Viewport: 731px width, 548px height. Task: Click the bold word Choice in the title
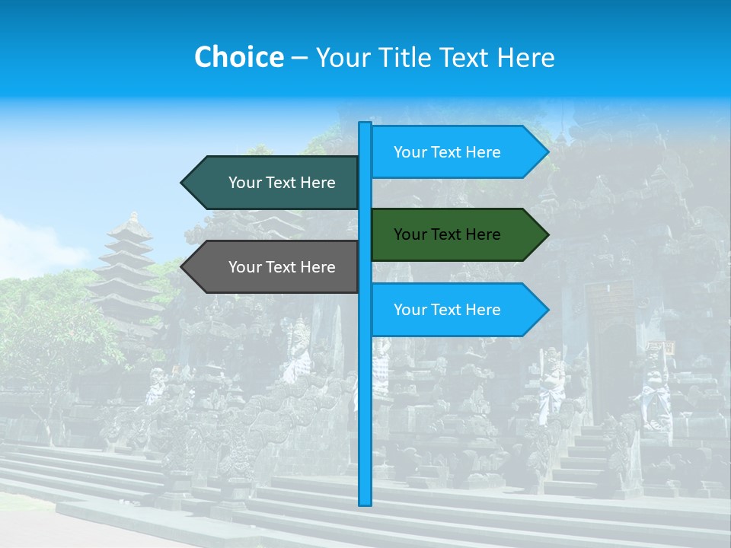(238, 57)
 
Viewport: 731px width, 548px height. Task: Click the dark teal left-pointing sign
(274, 183)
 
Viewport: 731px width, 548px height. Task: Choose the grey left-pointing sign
(274, 267)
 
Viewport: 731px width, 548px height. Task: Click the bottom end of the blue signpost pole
(365, 502)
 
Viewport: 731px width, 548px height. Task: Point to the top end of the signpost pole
(365, 124)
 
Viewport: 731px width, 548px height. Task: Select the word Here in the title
(525, 57)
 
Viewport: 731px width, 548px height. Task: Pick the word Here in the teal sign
(318, 183)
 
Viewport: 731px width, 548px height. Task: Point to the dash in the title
(299, 57)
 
